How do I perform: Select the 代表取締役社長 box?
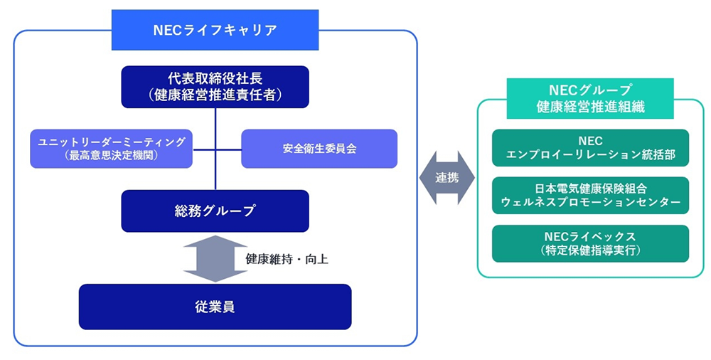tap(215, 87)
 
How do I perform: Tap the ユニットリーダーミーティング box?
tap(112, 148)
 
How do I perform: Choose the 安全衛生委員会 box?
tap(319, 148)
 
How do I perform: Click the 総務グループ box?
tap(215, 211)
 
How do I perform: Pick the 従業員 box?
tap(215, 307)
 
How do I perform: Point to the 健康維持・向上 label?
tap(287, 259)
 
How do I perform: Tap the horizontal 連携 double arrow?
tap(447, 178)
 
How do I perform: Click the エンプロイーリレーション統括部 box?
tap(590, 147)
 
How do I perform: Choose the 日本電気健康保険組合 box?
tap(590, 195)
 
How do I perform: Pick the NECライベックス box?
tap(590, 243)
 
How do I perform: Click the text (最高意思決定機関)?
tap(112, 155)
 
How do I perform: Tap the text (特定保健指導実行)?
tap(590, 250)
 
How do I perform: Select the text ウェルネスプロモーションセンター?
tap(590, 202)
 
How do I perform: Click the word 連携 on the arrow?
tap(447, 178)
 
